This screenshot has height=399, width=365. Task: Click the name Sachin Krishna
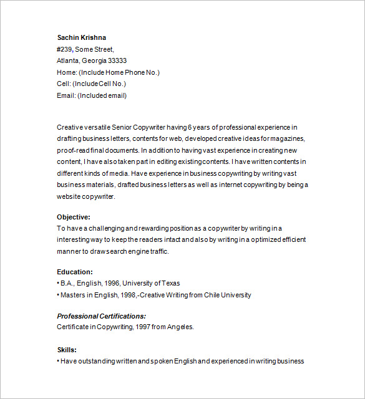(x=81, y=37)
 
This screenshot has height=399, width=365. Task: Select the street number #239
(x=65, y=49)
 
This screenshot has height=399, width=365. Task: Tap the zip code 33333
(x=117, y=60)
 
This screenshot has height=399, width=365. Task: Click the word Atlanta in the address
(x=68, y=60)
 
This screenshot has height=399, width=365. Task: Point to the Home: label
(x=67, y=72)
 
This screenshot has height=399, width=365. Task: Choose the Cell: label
(x=64, y=84)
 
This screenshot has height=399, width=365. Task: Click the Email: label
(x=66, y=95)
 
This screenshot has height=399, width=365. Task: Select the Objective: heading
(x=74, y=217)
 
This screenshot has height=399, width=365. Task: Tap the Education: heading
(x=75, y=272)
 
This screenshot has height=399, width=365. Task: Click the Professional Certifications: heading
(x=101, y=316)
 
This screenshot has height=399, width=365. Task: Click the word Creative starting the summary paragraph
(x=69, y=127)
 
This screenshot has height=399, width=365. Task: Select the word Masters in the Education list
(x=73, y=295)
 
